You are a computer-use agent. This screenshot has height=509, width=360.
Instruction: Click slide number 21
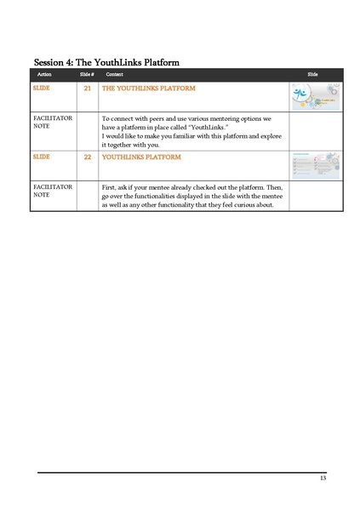coord(88,89)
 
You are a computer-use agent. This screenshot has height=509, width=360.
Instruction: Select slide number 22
coord(88,157)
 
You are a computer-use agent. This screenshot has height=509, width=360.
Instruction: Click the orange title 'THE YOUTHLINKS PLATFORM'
coord(148,89)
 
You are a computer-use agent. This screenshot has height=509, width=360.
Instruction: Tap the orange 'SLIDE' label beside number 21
coord(41,89)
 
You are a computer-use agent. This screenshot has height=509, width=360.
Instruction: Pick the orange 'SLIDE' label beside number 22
coord(41,157)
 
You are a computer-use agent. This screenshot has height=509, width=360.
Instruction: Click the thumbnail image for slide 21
coord(315,97)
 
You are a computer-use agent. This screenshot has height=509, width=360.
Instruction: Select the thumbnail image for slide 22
coord(315,165)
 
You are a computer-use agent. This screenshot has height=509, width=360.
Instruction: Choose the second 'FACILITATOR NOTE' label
coord(52,190)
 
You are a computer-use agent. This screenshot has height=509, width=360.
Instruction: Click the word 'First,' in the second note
coord(111,186)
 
